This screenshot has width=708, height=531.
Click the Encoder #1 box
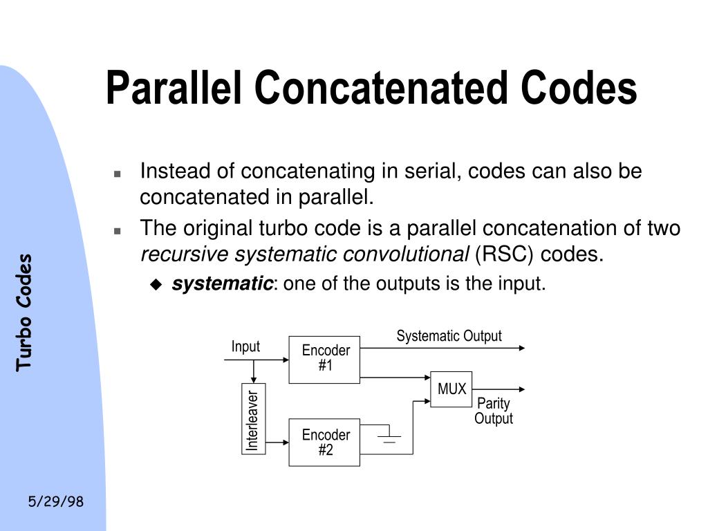coord(324,360)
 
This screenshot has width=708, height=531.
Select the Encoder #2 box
coord(324,442)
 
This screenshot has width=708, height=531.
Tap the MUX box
coord(451,389)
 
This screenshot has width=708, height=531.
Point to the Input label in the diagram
coord(245,346)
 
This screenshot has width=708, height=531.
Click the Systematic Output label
coord(449,336)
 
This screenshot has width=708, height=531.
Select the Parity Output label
coord(494,411)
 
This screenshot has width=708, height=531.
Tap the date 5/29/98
coord(56,501)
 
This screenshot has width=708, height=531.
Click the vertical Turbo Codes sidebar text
coord(24,312)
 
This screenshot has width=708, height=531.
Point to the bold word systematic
coord(222,283)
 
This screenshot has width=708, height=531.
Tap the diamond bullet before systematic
coord(156,284)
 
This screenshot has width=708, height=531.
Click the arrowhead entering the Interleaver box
coord(254,380)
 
